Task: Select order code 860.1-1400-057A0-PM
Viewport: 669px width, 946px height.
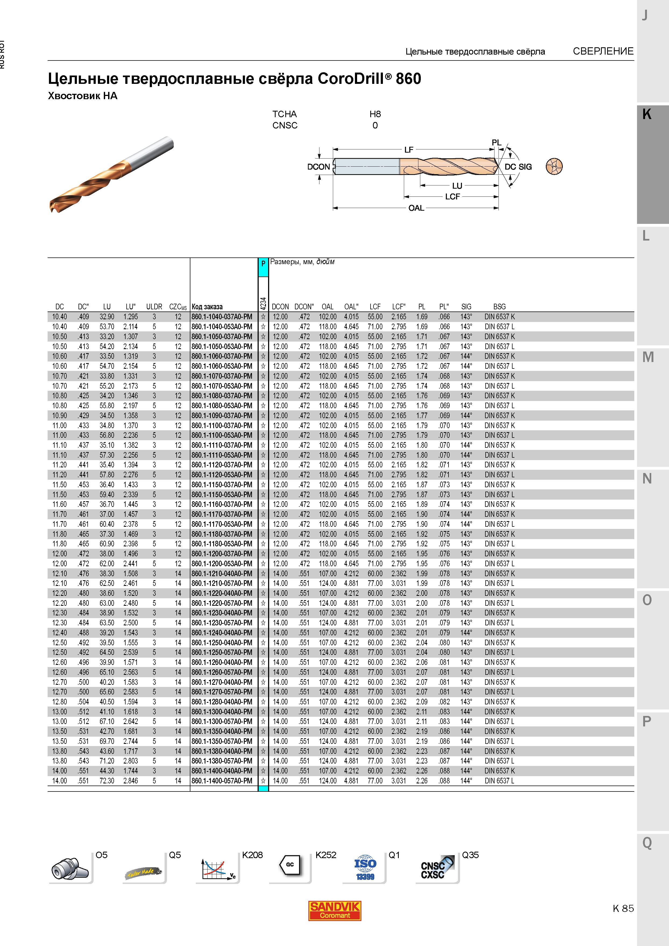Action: point(222,781)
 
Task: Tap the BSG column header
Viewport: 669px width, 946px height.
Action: point(499,307)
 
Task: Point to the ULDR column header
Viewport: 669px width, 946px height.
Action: point(154,307)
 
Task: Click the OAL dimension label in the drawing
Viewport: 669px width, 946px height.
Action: point(416,208)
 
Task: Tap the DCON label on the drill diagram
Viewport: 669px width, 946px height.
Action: point(319,167)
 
